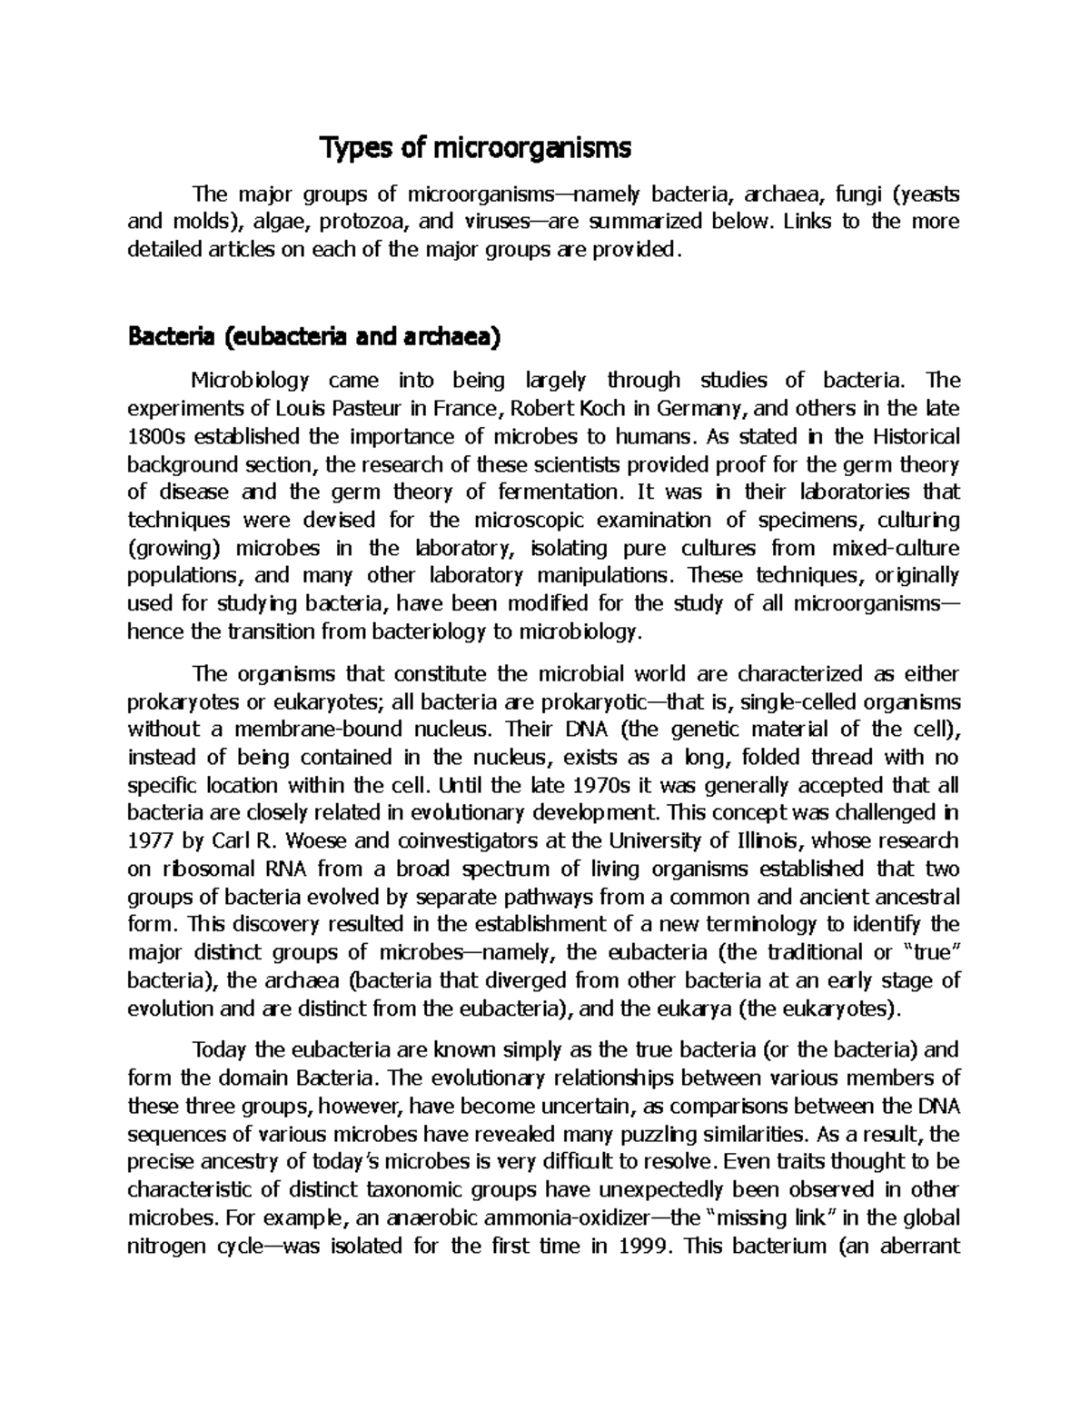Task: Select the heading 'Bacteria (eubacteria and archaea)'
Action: click(314, 338)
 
